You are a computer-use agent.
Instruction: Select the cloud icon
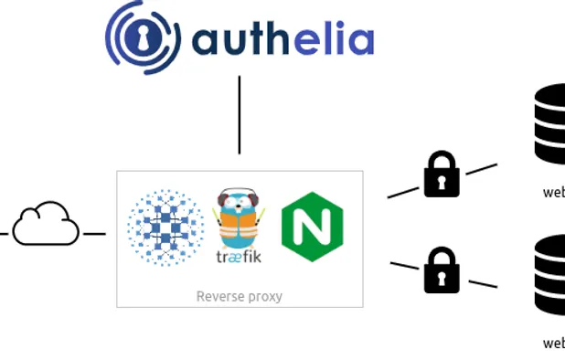[x=46, y=225]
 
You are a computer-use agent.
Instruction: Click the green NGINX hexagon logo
[x=312, y=228]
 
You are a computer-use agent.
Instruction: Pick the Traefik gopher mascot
[x=239, y=218]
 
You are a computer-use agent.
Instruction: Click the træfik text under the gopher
[x=239, y=257]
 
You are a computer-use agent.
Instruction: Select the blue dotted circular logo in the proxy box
[x=165, y=228]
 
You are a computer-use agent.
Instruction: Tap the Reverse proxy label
[x=240, y=296]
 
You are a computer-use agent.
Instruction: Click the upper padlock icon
[x=442, y=175]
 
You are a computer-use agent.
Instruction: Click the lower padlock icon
[x=442, y=271]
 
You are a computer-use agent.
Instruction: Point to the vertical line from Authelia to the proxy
[x=240, y=114]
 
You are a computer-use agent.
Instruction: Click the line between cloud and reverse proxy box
[x=94, y=234]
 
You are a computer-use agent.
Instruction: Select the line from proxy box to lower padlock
[x=405, y=266]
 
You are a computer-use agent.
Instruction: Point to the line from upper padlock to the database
[x=481, y=169]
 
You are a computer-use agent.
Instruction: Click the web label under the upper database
[x=554, y=192]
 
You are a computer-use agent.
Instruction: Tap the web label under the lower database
[x=554, y=344]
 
